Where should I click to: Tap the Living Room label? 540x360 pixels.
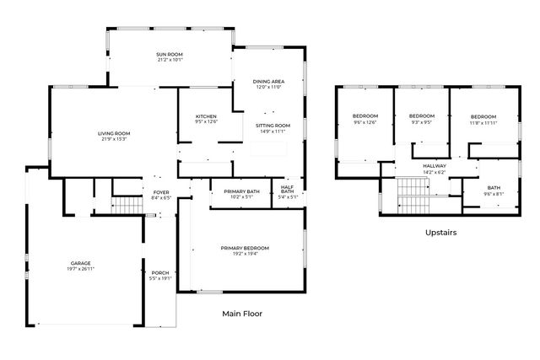pos(113,133)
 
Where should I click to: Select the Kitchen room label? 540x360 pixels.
pos(207,116)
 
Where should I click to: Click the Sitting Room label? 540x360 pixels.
pos(272,126)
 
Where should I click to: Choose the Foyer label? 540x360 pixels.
pos(161,192)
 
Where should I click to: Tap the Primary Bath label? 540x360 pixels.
pos(241,192)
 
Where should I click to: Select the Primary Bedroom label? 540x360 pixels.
pos(245,248)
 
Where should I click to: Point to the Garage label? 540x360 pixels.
pos(81,264)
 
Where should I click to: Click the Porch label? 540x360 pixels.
pos(159,272)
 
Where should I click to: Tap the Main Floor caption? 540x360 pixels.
pos(242,314)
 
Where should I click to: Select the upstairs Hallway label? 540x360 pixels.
pos(435,166)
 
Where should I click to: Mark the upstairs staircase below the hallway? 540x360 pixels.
pos(413,196)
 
